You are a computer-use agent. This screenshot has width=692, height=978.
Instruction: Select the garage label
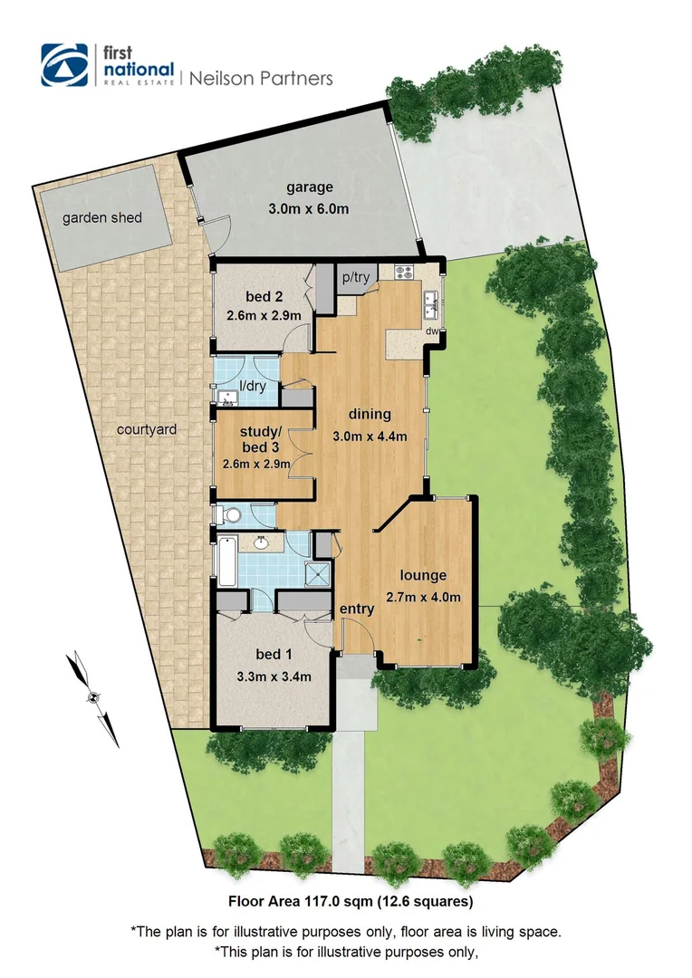(x=310, y=188)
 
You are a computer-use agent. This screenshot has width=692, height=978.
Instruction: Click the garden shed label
(x=102, y=217)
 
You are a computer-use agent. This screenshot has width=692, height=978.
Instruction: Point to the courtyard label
(x=147, y=429)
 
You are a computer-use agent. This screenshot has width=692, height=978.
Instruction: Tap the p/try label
(x=355, y=278)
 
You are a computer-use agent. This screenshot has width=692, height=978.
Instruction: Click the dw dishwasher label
(x=433, y=331)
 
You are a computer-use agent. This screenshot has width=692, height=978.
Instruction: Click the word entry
(x=356, y=609)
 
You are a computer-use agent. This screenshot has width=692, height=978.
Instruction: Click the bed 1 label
(x=274, y=655)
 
